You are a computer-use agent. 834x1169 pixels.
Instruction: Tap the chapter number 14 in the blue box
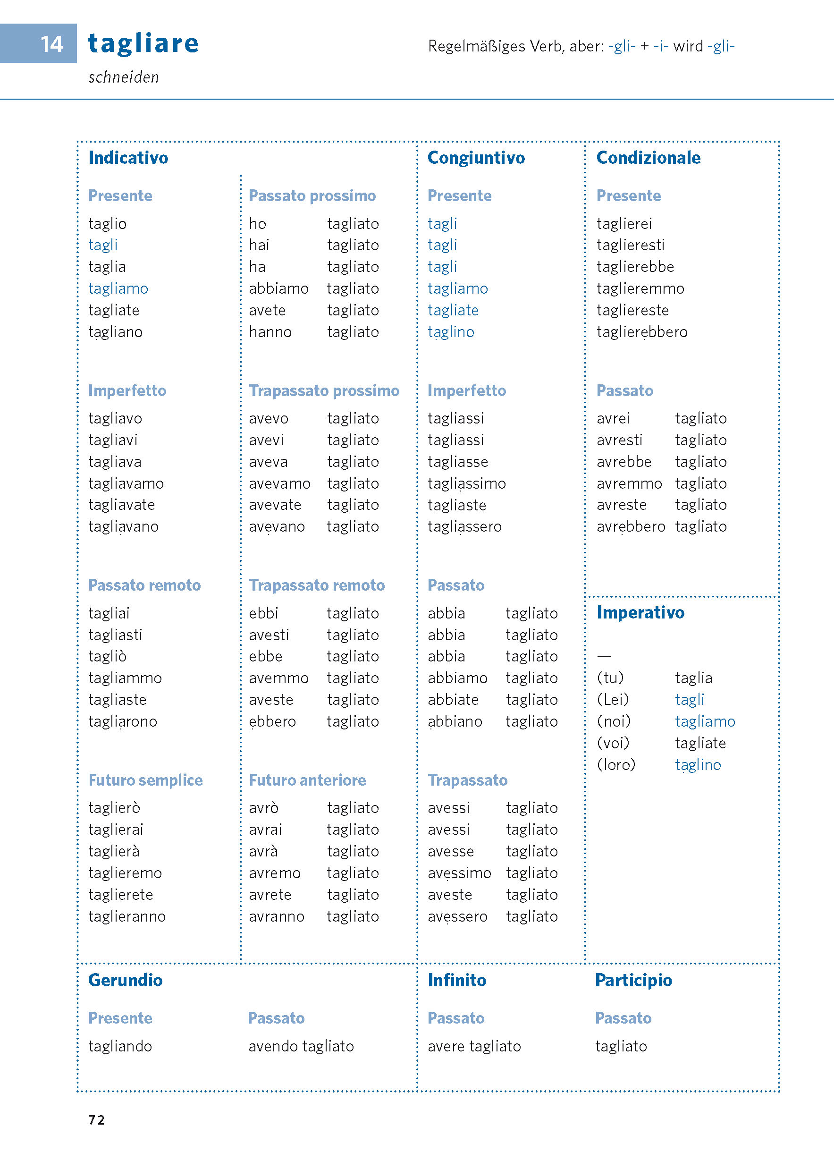tap(51, 44)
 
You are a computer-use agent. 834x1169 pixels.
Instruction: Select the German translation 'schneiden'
tap(123, 77)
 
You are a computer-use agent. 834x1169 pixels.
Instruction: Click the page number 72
tap(97, 1120)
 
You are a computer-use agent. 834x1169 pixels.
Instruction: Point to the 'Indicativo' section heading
tap(128, 158)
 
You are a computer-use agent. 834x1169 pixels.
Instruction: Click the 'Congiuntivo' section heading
tap(476, 158)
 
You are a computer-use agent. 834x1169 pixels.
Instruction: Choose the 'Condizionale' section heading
tap(648, 158)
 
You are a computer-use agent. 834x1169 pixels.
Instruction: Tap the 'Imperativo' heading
tap(640, 612)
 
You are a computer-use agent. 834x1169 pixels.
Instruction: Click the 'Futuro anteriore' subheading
tap(307, 780)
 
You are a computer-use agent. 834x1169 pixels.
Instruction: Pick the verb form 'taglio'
tap(107, 224)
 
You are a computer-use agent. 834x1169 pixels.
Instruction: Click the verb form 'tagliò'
tap(107, 656)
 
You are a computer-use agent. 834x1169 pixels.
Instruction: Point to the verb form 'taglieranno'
tap(127, 916)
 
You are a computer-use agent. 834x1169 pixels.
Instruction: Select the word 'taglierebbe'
tap(635, 267)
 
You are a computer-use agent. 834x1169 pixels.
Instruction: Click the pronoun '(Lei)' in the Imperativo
tap(613, 700)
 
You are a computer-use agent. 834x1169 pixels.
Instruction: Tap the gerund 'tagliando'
tap(120, 1046)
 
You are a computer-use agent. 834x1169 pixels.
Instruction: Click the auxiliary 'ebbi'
tap(263, 613)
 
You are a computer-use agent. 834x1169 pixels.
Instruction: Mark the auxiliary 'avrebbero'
tap(630, 527)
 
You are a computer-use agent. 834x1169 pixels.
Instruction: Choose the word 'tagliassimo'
tap(466, 484)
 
